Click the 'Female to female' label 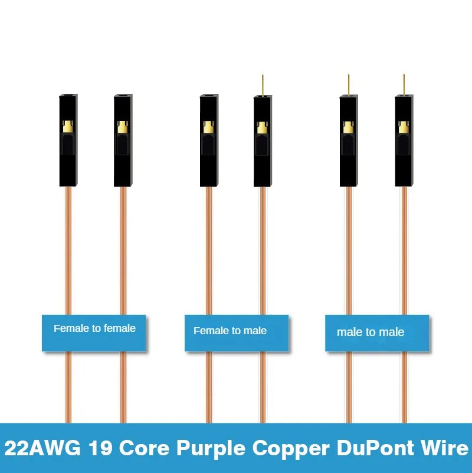(94, 328)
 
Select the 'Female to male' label (230, 331)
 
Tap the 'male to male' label (371, 332)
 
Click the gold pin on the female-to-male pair (263, 85)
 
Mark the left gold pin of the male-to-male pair (349, 85)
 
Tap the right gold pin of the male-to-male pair (404, 85)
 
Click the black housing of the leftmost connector (68, 165)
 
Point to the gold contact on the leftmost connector (68, 126)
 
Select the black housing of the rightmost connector (404, 165)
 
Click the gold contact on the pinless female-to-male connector (209, 126)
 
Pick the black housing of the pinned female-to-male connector (263, 165)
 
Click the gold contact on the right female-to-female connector (123, 126)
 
